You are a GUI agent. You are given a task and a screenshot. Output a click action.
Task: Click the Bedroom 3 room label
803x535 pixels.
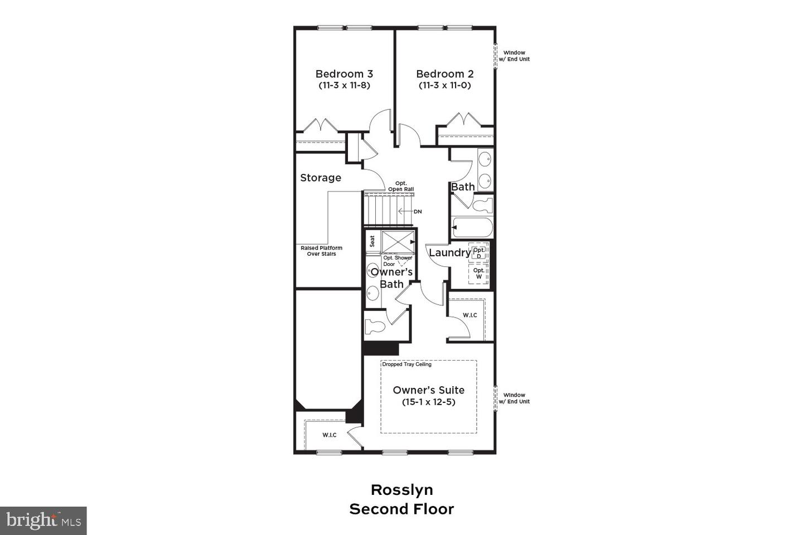(344, 74)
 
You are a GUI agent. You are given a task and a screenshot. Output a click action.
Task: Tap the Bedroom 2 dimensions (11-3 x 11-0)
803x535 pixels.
(444, 86)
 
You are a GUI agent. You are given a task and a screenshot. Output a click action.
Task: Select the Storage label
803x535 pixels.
(321, 178)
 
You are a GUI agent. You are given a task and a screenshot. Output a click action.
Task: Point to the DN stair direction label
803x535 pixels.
(418, 212)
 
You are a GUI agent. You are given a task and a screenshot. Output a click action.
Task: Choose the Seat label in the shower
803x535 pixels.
(372, 241)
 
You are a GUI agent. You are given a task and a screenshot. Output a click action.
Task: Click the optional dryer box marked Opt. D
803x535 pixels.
(478, 252)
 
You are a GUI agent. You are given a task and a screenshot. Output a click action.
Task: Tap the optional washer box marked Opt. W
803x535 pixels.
(478, 273)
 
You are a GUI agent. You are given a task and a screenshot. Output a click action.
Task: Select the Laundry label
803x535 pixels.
(449, 252)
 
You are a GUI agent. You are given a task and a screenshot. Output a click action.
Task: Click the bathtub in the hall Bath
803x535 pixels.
(473, 227)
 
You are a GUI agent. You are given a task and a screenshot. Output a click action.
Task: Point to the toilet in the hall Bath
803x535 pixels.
(482, 205)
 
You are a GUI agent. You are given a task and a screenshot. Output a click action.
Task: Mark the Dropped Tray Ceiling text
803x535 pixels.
(407, 364)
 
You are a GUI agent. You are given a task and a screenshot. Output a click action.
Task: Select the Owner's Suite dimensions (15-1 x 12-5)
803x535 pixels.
(428, 402)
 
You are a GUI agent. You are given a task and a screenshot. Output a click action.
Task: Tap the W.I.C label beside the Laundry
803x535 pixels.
(470, 315)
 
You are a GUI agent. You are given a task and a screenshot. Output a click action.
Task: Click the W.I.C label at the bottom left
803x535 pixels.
(330, 435)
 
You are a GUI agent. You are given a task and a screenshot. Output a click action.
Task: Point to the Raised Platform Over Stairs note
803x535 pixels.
(321, 251)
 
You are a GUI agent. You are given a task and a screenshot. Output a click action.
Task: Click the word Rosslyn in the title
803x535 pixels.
(401, 490)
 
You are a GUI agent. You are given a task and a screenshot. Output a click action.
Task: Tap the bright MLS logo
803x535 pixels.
(43, 521)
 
